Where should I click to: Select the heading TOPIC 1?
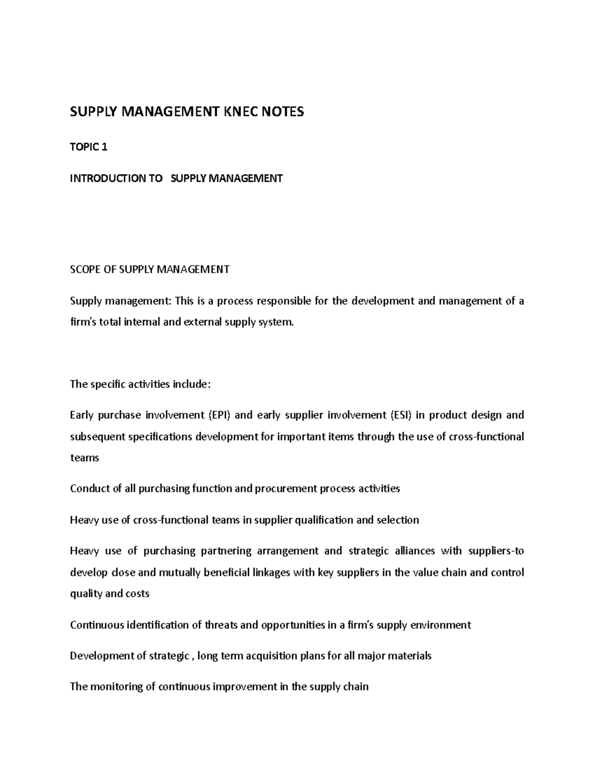point(89,147)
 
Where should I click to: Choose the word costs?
point(138,593)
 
